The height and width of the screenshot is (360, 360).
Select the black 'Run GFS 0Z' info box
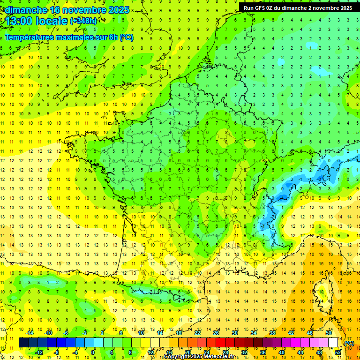coord(298,7)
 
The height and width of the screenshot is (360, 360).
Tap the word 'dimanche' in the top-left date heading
coord(26,10)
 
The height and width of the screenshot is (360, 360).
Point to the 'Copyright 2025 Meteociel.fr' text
coord(199,357)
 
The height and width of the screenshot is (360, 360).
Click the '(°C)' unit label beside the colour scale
coord(349,343)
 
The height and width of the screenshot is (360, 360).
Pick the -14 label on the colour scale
coord(30,333)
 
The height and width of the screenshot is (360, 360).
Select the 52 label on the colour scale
coord(338,352)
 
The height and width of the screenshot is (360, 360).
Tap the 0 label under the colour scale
coord(92,352)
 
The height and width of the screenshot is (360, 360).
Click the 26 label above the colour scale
coord(216,333)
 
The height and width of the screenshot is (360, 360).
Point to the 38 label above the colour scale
coord(272,333)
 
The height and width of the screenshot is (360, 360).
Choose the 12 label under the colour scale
coord(150,352)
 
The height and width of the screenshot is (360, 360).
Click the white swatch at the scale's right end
coord(333,343)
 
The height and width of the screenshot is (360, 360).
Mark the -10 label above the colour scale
coord(48,333)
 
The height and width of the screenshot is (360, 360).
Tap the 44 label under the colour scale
coord(300,352)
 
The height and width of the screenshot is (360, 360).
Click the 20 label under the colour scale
coord(188,352)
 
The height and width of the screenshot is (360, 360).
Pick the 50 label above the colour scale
coord(329,333)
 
